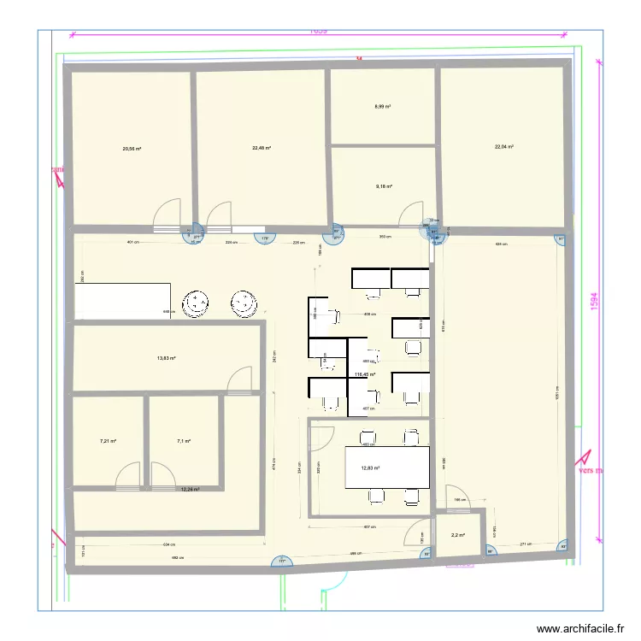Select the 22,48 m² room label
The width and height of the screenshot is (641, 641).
click(x=261, y=148)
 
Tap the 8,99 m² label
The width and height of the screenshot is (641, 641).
click(x=382, y=107)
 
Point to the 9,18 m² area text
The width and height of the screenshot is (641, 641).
click(x=383, y=185)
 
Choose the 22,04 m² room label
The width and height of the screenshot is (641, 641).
click(x=503, y=146)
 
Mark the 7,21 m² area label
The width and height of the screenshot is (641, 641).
click(x=107, y=442)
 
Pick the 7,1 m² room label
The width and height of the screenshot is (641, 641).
click(x=183, y=442)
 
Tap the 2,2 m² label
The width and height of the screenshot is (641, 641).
click(x=457, y=536)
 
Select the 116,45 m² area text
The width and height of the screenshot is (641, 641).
click(x=364, y=374)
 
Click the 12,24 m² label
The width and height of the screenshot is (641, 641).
click(x=189, y=490)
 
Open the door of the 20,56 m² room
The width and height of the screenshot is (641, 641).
click(x=168, y=215)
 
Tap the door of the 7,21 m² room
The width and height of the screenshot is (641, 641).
click(x=128, y=475)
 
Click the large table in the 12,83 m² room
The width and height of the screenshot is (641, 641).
click(x=386, y=467)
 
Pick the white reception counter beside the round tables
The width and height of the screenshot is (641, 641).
click(x=124, y=302)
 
